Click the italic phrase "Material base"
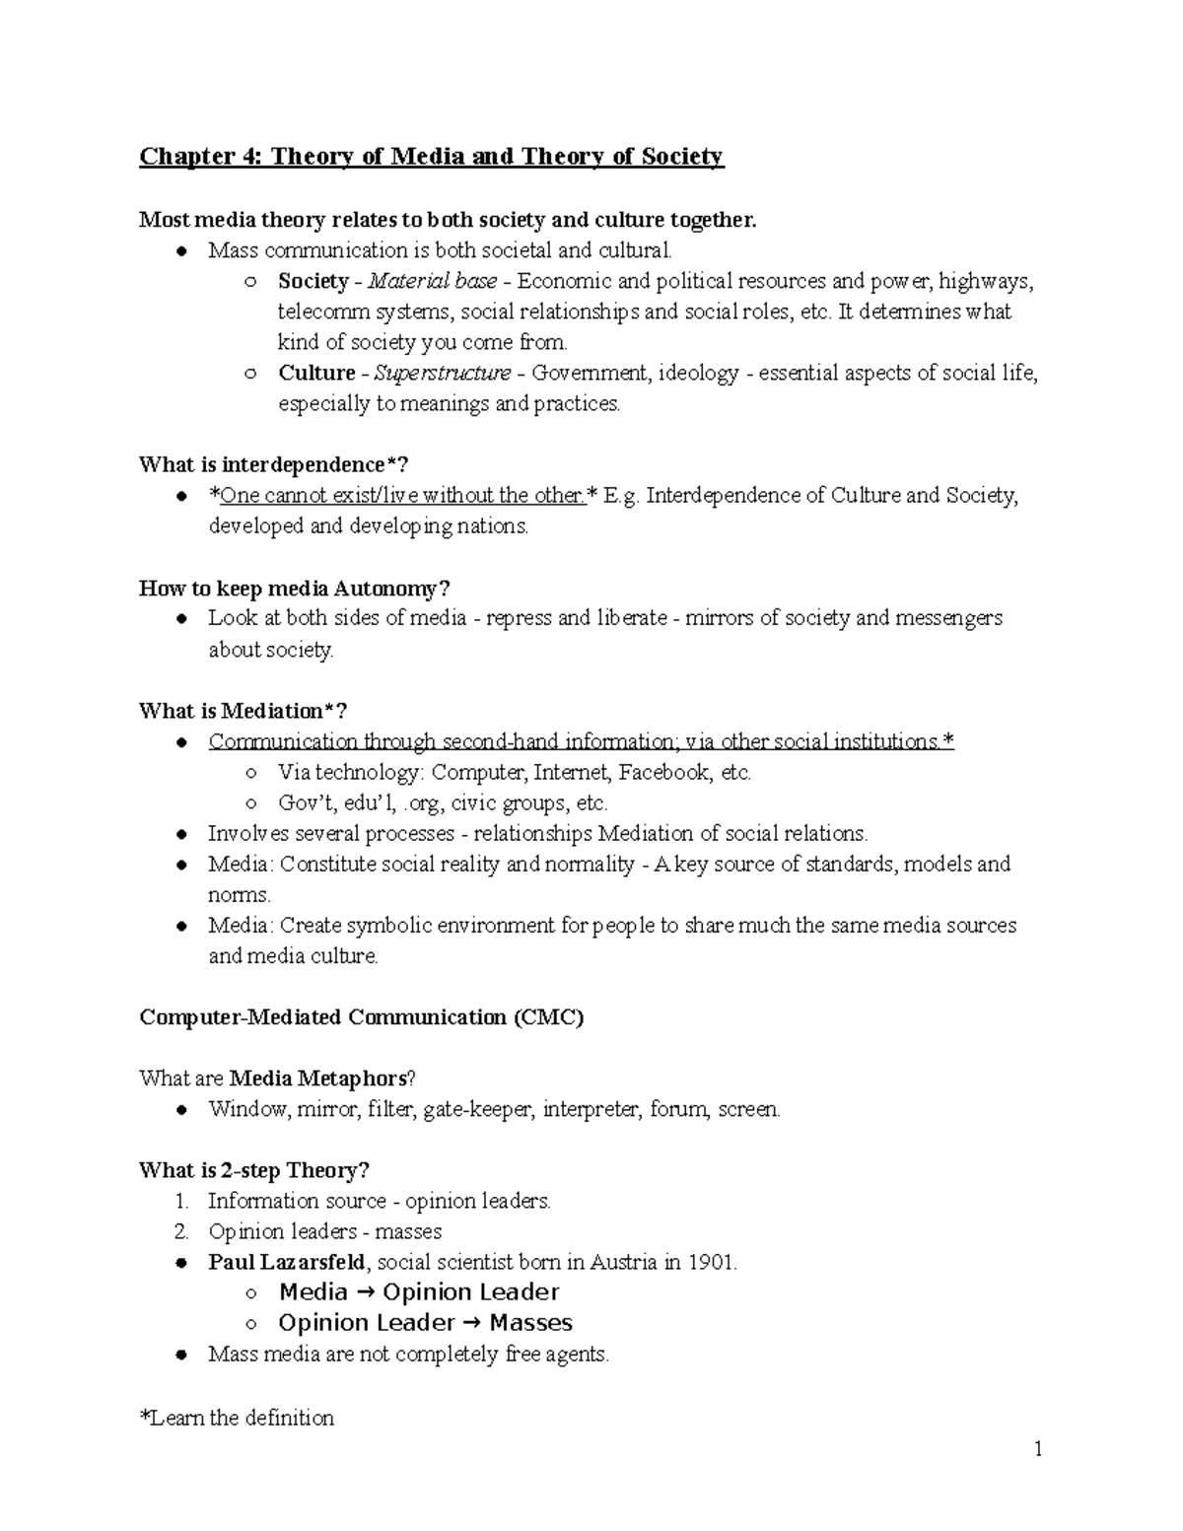(432, 282)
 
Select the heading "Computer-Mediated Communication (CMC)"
(362, 1017)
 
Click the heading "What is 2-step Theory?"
(254, 1171)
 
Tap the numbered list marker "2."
(180, 1232)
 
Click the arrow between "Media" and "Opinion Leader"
(365, 1292)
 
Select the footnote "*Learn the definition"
(237, 1419)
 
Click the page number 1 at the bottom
(1038, 1449)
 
